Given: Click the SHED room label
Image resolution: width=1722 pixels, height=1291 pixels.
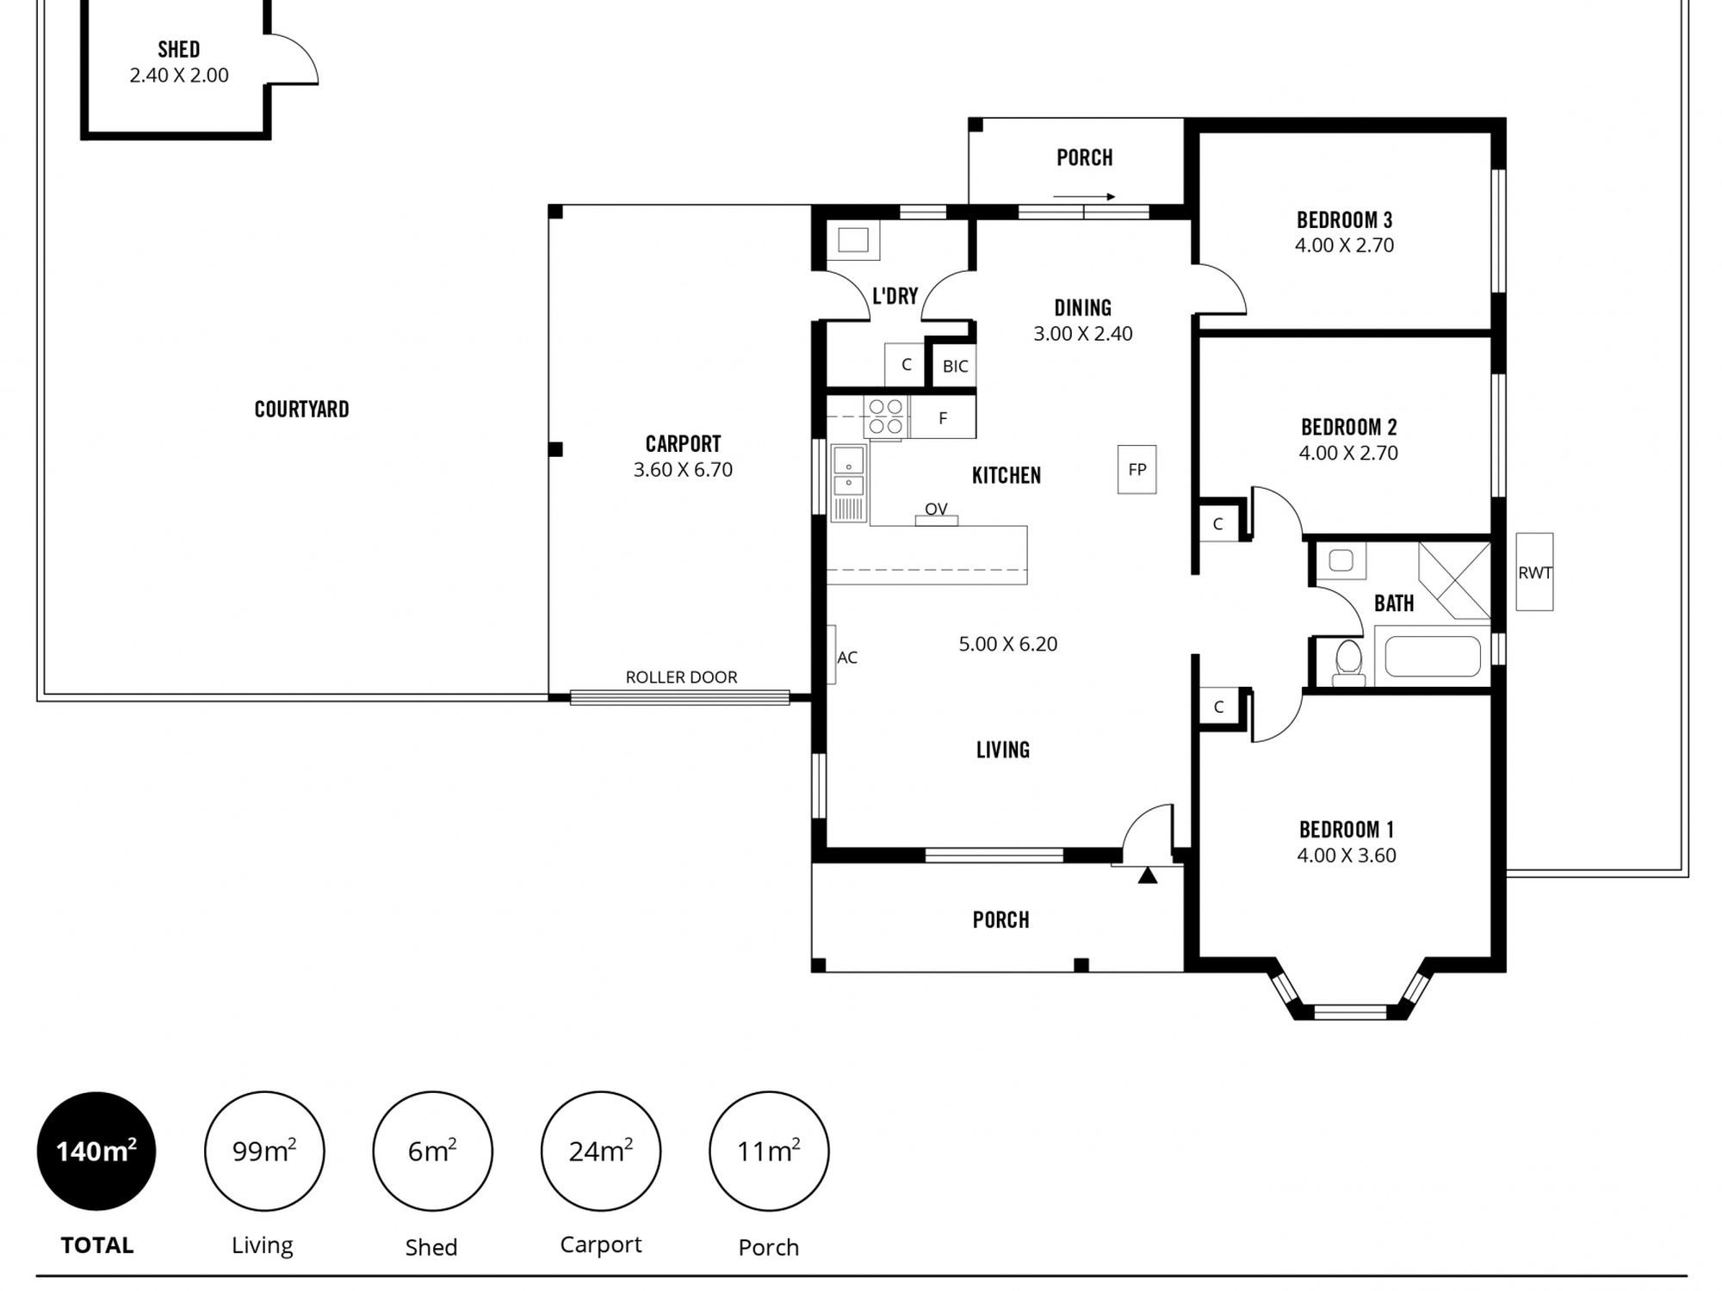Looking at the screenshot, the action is (x=178, y=50).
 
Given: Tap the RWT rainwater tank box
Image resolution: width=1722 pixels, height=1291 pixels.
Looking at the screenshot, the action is (x=1534, y=572).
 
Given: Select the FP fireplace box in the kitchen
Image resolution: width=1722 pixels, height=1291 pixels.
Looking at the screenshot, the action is (x=1137, y=469).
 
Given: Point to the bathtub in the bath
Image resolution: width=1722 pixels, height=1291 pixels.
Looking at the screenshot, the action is (x=1433, y=657).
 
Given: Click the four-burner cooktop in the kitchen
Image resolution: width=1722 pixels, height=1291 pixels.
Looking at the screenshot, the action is (x=886, y=417).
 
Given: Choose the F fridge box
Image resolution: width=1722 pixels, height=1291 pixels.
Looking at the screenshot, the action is (x=943, y=418).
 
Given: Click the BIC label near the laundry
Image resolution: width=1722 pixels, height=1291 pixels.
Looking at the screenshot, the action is (x=955, y=367).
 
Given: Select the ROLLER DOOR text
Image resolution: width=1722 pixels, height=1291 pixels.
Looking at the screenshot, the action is (x=681, y=677).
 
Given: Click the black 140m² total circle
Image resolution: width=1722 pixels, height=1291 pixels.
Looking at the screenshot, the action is (x=96, y=1151).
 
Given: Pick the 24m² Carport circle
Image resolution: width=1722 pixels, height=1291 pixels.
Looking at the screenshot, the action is (x=601, y=1151).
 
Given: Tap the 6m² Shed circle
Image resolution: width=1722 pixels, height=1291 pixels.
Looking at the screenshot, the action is (x=432, y=1151).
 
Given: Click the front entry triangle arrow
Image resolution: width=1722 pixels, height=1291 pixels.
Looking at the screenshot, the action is (x=1147, y=875).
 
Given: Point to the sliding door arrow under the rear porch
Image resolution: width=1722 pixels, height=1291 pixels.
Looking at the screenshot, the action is (x=1084, y=197).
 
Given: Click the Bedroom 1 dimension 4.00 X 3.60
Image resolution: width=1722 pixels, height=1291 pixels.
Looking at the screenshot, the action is (x=1347, y=856).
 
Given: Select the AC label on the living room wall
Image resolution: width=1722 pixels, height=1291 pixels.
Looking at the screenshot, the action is (x=847, y=658).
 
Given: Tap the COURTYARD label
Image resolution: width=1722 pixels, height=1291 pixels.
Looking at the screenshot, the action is (x=301, y=410).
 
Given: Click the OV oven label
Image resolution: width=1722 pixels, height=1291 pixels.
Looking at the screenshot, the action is (x=936, y=509).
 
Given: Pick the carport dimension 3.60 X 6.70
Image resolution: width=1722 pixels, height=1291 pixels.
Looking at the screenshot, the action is (x=683, y=470).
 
